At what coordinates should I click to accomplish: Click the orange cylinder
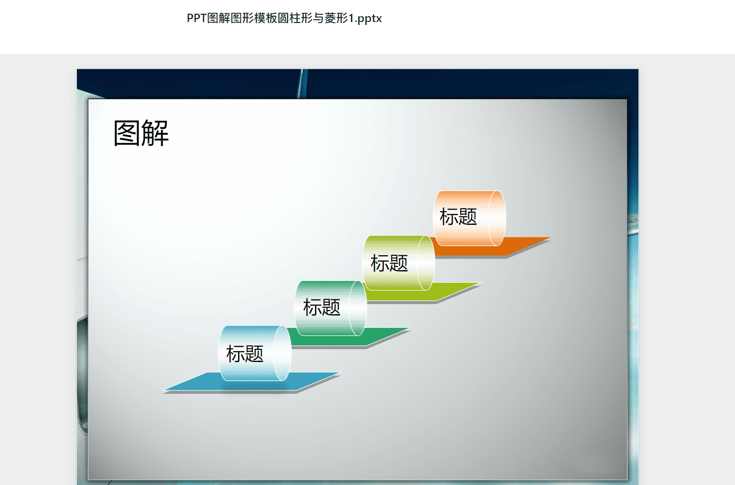point(469,218)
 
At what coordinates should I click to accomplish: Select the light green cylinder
point(398,263)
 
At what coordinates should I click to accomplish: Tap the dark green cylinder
point(330,308)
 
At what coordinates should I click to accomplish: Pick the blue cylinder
point(255,353)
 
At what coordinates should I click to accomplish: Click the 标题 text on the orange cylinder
point(458,217)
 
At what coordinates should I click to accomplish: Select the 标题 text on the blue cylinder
point(245,354)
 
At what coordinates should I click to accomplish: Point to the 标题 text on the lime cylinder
point(389,263)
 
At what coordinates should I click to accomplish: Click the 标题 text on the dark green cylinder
point(321,308)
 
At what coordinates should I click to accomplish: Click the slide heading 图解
point(141,133)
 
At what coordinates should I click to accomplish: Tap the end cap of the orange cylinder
point(497,218)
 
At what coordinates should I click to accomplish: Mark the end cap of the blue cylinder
point(282,353)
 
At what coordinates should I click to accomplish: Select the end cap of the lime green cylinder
point(426,263)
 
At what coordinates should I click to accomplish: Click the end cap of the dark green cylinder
point(358,308)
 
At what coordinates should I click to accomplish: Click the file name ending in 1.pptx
point(284,19)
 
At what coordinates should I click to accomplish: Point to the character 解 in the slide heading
point(155,133)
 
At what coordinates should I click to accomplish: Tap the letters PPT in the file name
point(196,18)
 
